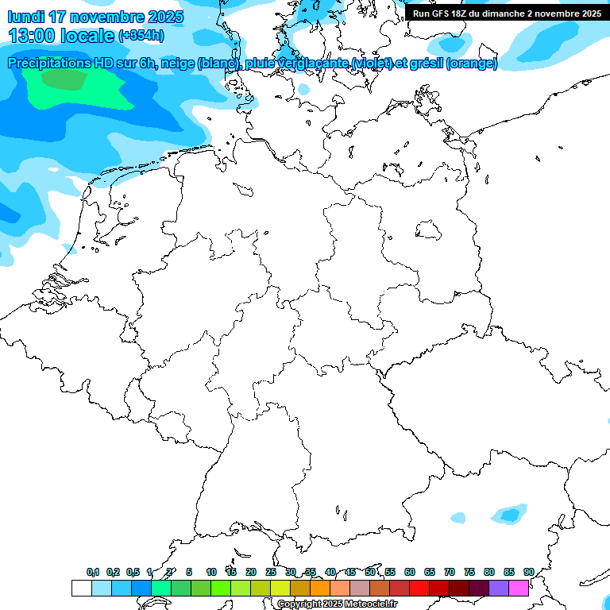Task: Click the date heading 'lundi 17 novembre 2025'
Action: (95, 17)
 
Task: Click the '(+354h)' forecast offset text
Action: (141, 37)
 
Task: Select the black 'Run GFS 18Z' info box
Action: (507, 13)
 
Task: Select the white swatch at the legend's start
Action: (81, 588)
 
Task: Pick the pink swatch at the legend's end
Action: (519, 588)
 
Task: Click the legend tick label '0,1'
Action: (93, 572)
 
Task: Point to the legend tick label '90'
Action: (529, 572)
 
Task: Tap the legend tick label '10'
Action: (211, 572)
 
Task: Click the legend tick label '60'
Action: (410, 572)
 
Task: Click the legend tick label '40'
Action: (330, 572)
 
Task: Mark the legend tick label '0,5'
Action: (133, 572)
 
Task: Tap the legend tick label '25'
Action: (271, 572)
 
